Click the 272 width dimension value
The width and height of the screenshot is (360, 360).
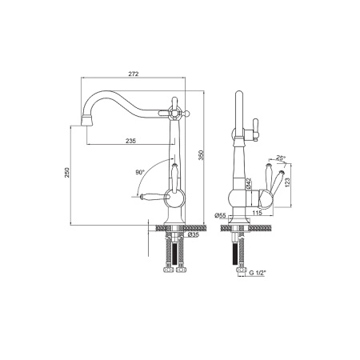pos(134,74)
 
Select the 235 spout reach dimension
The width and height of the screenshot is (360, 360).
pos(130,141)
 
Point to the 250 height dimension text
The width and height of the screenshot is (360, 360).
pos(67,172)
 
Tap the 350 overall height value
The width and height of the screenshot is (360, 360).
pos(202,155)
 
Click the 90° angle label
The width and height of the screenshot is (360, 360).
pos(140,172)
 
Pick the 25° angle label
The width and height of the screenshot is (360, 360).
pos(280,158)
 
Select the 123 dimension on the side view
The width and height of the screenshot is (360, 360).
pos(287,182)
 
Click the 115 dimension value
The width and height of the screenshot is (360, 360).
pos(257,213)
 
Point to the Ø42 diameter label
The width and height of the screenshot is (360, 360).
pos(248,183)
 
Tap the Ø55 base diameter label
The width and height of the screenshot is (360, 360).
pos(220,215)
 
